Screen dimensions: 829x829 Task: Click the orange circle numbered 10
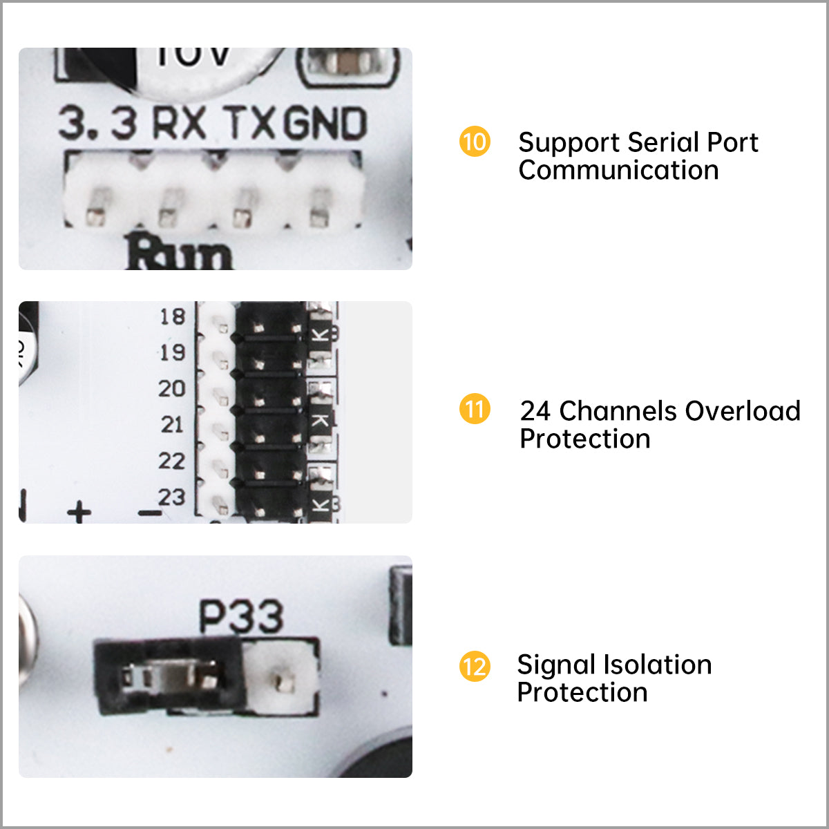coord(475,142)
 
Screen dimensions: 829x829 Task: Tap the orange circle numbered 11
coord(475,410)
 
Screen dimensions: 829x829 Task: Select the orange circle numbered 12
coord(475,667)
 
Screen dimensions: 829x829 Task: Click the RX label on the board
coord(179,124)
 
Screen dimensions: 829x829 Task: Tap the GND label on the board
coord(325,124)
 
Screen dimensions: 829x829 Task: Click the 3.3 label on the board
coord(97,124)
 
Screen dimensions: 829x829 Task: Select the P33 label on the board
coord(241,616)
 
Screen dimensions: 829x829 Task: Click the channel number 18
coord(173,317)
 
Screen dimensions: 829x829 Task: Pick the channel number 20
coord(172,389)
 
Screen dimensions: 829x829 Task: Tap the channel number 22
coord(172,461)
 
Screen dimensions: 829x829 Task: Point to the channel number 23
coord(172,497)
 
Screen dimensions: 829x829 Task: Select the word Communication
coord(618,171)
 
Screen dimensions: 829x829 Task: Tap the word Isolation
coord(651,665)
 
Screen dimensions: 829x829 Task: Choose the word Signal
coord(555,665)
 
